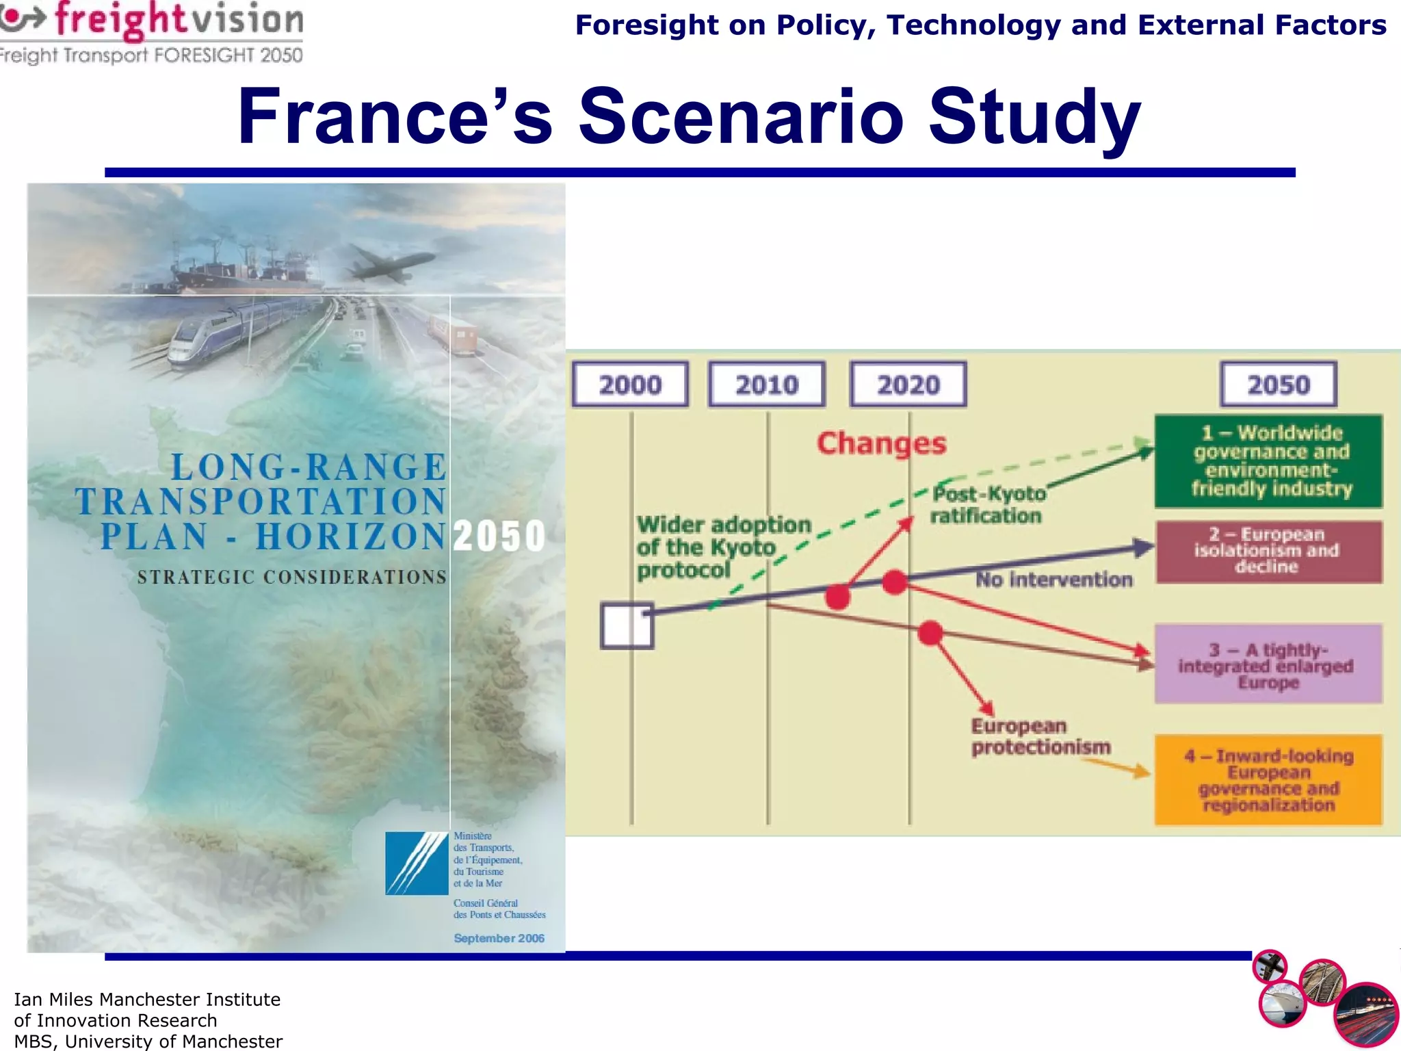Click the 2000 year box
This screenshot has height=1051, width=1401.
coord(630,385)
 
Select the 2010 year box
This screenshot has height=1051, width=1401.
coord(767,385)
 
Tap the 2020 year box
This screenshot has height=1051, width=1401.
coord(908,385)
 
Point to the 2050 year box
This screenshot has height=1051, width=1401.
coord(1278,385)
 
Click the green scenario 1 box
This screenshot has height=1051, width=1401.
coord(1269,460)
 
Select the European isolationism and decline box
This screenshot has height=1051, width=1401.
coord(1269,552)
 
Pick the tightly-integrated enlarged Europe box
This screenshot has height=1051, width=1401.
coord(1268,664)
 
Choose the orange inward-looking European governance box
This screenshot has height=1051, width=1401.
coord(1268,780)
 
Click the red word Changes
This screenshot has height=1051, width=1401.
coord(881,443)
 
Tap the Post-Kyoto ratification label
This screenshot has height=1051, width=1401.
coord(988,504)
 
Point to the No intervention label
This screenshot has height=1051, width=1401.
coord(1053,580)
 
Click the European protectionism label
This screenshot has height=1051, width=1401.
coord(1040,736)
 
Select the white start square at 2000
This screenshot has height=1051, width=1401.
coord(627,625)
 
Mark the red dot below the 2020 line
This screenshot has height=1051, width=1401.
coord(930,633)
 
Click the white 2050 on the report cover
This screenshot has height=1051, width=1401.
coord(499,536)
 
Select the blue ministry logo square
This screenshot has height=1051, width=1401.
coord(417,863)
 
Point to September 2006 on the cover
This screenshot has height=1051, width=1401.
coord(499,938)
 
